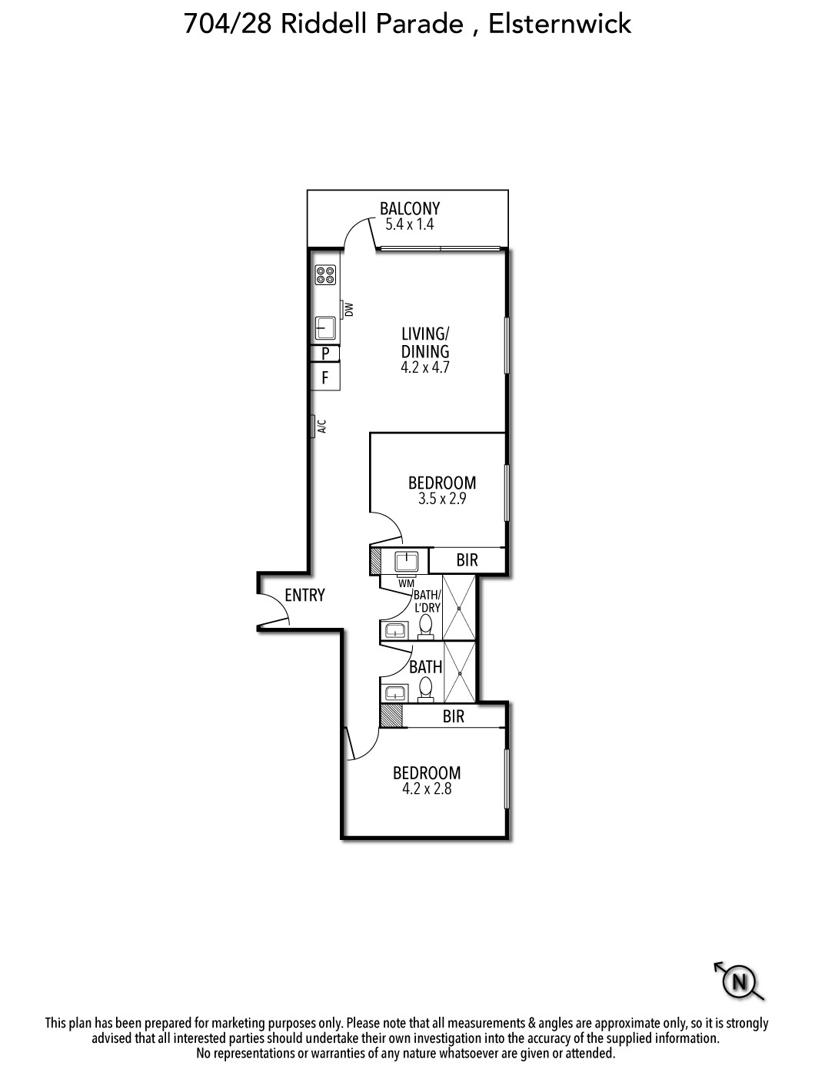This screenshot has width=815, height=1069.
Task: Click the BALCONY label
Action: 410,208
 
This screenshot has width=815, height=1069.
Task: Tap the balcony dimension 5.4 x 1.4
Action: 409,224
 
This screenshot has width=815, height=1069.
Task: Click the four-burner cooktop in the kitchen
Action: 325,274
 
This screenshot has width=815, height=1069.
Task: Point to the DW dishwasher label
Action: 349,309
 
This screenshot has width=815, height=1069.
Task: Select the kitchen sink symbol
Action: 325,327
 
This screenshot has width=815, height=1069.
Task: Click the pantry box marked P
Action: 325,353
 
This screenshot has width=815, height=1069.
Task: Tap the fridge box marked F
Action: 325,377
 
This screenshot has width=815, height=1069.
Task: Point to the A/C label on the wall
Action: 321,426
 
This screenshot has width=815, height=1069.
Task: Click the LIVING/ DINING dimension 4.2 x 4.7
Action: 424,367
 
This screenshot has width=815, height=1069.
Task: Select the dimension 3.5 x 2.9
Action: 442,499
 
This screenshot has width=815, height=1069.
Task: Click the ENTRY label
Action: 304,595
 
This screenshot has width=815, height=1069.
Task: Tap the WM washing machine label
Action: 406,583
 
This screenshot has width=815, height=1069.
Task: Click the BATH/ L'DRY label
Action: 427,601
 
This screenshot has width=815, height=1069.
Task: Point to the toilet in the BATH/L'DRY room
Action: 426,626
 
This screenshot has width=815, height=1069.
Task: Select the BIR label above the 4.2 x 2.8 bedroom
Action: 454,716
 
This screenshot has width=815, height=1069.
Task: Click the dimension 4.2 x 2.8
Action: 427,788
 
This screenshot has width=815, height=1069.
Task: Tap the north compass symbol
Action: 739,981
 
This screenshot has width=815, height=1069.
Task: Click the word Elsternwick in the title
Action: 560,24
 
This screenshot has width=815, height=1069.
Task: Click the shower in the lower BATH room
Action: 459,672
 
